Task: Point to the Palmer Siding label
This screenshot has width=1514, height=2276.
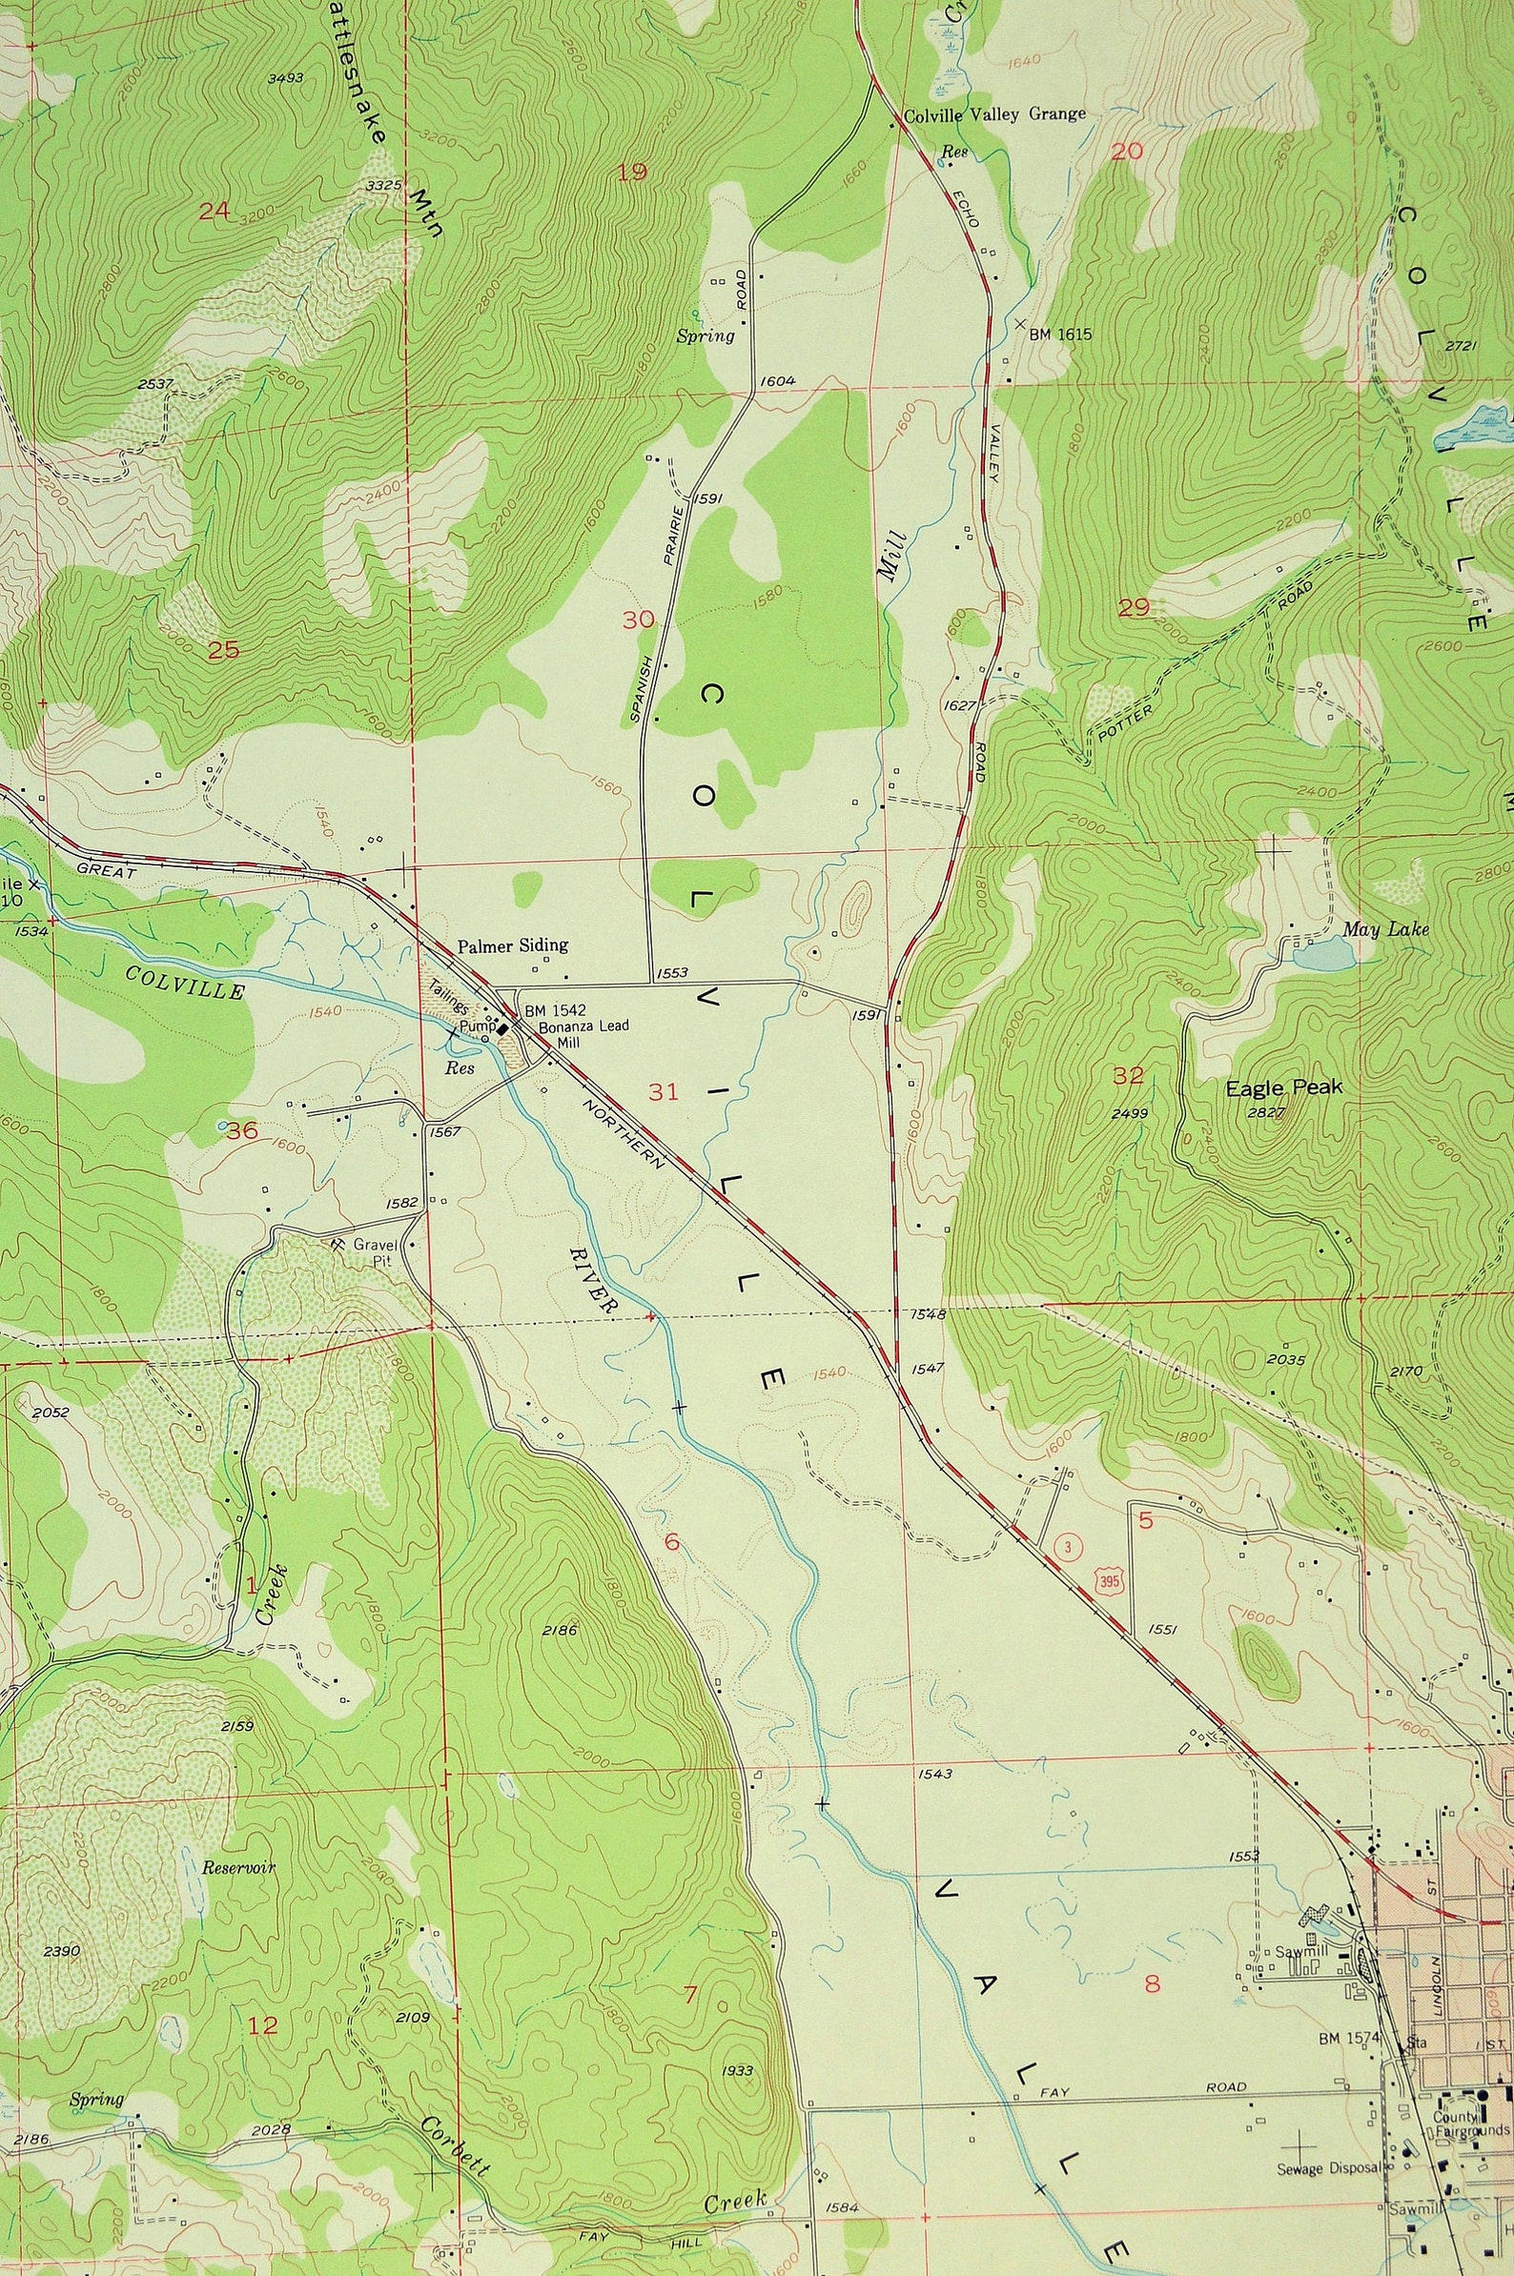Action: [513, 945]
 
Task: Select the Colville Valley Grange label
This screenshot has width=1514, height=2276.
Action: [993, 114]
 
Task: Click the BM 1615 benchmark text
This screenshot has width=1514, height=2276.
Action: [1059, 334]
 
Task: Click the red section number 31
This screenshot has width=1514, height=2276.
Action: [664, 1092]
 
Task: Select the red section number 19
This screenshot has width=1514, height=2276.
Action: [631, 173]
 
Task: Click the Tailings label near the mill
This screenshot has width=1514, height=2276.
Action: [449, 1006]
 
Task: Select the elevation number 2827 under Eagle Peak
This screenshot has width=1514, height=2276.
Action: [1264, 1113]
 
